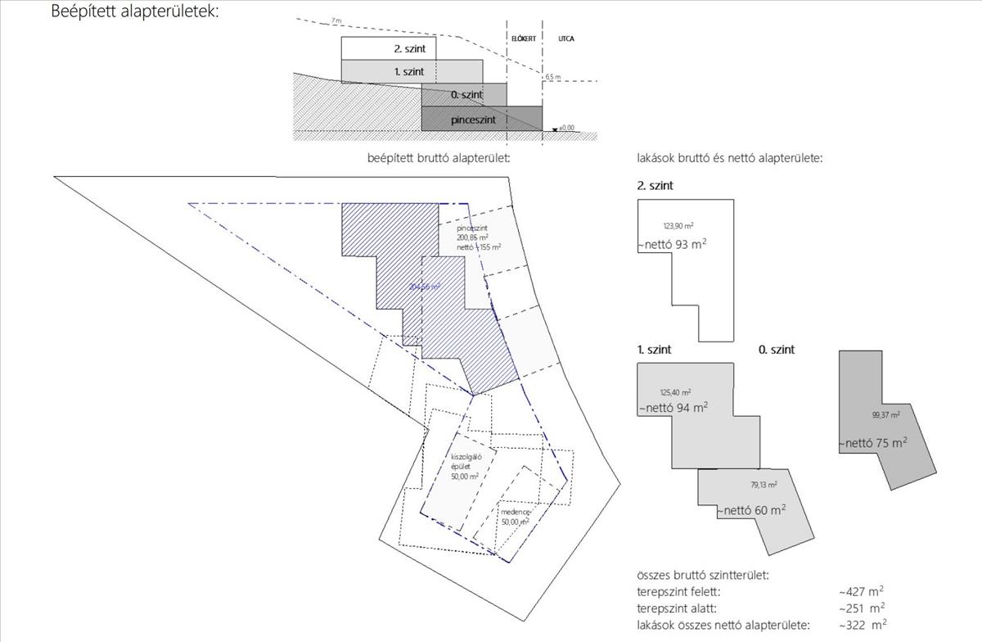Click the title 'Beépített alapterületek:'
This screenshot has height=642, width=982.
point(135,12)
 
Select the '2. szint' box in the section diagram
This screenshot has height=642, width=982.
point(389,48)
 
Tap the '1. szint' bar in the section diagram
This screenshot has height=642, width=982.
point(409,72)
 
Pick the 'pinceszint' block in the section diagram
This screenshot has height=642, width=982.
point(481,120)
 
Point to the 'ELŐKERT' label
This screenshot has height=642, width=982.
point(524,38)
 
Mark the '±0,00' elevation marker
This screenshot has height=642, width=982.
point(565,128)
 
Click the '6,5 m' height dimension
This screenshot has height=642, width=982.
point(553,76)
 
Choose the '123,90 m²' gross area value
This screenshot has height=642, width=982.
point(678,225)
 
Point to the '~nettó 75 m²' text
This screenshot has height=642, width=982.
point(873,443)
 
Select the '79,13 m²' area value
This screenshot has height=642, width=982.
point(764,485)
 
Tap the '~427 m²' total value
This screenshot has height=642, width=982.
point(860,591)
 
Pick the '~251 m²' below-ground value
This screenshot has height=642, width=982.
point(860,608)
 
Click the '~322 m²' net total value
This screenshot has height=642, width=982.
point(862,626)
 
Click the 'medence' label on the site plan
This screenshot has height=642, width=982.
point(516,513)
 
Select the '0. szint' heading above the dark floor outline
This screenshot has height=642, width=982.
point(777,350)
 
